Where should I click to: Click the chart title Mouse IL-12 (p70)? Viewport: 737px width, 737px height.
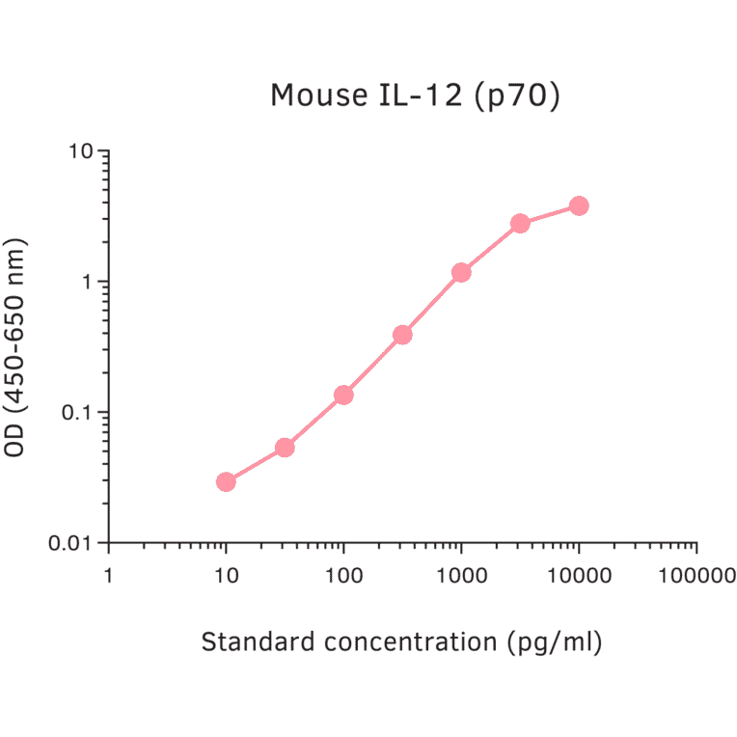tap(415, 96)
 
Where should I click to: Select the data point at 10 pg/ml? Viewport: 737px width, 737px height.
tap(226, 481)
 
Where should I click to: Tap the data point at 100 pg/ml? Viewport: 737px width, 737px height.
tap(343, 395)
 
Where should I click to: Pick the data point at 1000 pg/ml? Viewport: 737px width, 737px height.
tap(461, 273)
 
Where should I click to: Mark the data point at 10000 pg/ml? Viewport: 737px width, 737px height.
tap(579, 205)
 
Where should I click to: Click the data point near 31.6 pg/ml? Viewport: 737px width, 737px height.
tap(285, 448)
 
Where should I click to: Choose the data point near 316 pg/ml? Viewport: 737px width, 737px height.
tap(402, 335)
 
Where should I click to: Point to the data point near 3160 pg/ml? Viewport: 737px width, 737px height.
tap(520, 223)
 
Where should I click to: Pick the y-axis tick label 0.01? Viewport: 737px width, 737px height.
tap(73, 543)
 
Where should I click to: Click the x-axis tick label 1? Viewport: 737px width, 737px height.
tap(108, 576)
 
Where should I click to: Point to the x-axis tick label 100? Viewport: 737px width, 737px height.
tap(343, 576)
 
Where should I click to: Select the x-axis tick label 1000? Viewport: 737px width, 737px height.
tap(461, 576)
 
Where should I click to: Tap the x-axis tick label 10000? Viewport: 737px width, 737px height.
tap(579, 576)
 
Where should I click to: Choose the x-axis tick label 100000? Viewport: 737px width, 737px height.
tap(696, 576)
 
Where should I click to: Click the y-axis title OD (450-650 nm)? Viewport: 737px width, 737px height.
tap(16, 347)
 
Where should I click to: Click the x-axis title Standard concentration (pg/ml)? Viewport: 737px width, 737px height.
tap(401, 642)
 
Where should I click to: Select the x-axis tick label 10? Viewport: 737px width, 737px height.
tap(226, 576)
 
